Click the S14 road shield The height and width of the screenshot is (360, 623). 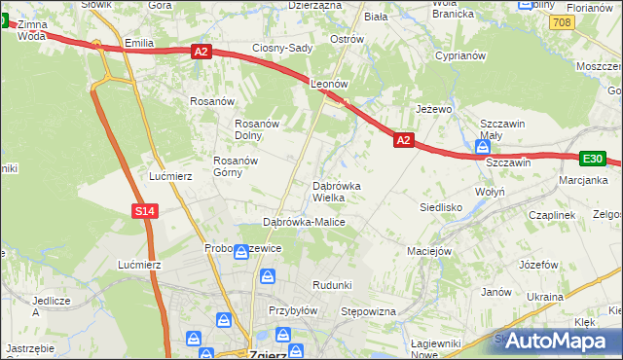pos(144,210)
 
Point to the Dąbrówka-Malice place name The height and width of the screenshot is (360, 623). pos(304,222)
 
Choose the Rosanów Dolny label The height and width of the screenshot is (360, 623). pos(258,129)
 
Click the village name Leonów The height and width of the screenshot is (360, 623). pos(329,85)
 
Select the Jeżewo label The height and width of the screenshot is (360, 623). pos(434,109)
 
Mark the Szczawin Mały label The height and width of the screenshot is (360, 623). pos(503,129)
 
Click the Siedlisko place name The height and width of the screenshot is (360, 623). pos(440,207)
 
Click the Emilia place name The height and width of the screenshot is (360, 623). pos(140,44)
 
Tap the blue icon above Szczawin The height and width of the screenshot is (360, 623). pos(483,148)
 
